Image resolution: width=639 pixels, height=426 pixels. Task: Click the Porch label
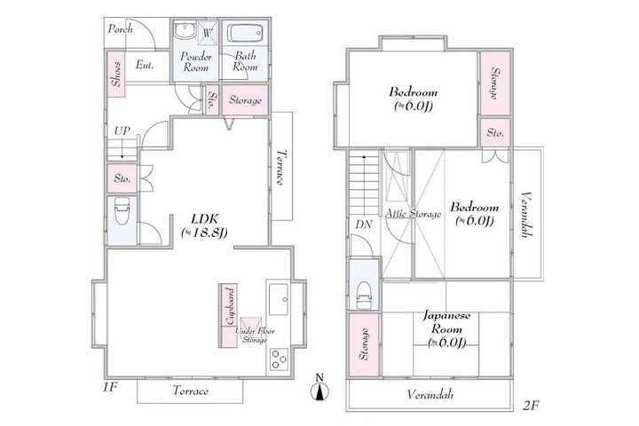(x=120, y=29)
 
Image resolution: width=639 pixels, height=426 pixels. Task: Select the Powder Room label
(x=194, y=61)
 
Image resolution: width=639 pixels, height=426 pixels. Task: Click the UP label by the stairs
(x=122, y=131)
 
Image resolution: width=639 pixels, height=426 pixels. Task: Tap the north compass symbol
(x=321, y=387)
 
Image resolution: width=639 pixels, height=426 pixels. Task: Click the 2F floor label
(x=532, y=406)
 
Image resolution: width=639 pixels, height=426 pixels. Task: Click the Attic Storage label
(x=413, y=214)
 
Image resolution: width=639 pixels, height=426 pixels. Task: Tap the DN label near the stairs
(x=364, y=225)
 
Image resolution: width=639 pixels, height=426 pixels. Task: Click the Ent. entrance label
(x=146, y=65)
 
